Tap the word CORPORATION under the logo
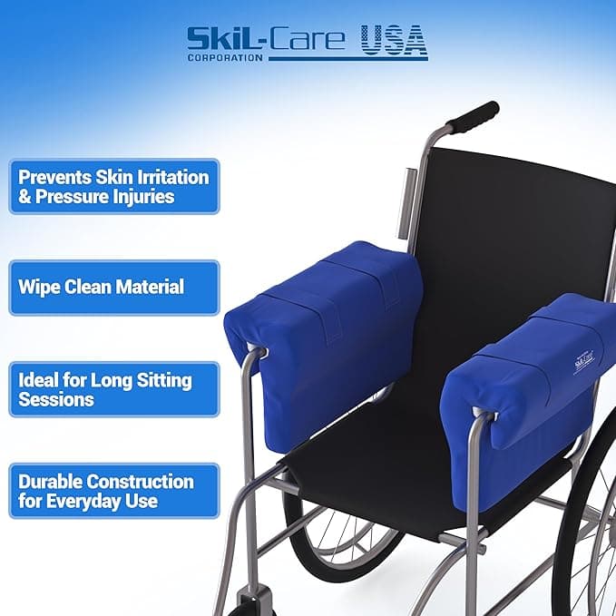pos(226,58)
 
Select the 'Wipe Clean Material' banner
pos(114,288)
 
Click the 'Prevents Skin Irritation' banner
pos(114,185)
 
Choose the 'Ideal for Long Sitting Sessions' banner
pos(114,389)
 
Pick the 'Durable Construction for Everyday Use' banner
pos(114,491)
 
